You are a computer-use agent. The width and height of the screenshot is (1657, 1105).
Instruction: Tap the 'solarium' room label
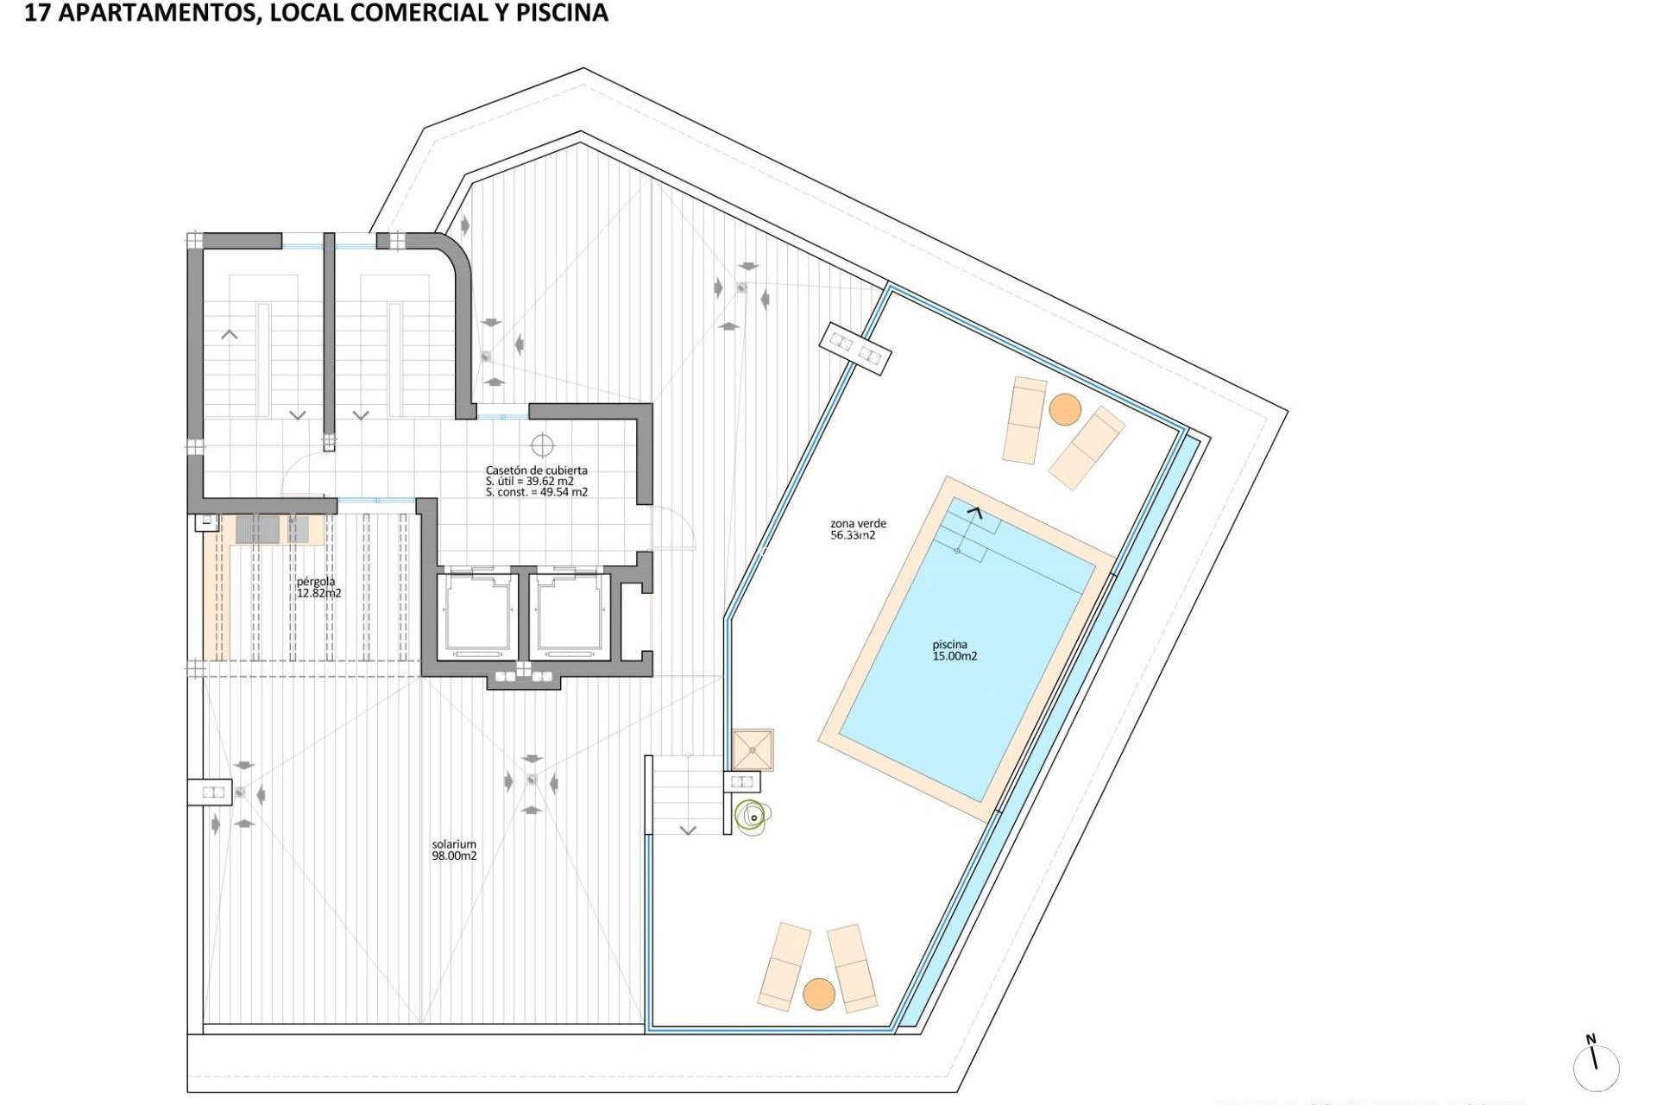tap(454, 844)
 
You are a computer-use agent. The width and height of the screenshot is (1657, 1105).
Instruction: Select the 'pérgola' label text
tap(316, 582)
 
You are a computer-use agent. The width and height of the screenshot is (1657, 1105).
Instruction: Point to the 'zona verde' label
tap(858, 523)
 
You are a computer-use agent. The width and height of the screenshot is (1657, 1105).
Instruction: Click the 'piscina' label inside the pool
tap(949, 645)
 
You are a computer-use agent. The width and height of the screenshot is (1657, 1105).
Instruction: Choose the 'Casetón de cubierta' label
tap(536, 470)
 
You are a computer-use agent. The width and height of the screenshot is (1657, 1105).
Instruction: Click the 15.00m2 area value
tap(955, 656)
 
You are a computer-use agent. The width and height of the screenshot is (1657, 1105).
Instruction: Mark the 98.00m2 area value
tap(454, 856)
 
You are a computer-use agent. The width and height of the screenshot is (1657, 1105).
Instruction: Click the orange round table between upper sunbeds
tap(1065, 409)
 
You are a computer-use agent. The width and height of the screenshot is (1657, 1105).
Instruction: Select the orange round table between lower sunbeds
tap(819, 994)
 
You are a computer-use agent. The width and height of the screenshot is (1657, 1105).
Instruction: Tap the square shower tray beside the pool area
tap(753, 749)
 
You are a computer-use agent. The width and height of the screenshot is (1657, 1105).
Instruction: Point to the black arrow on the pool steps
tap(974, 513)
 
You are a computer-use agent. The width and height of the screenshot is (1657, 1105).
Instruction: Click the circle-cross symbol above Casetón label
tap(542, 445)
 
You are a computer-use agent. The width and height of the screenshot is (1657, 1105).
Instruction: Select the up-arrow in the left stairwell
tap(230, 334)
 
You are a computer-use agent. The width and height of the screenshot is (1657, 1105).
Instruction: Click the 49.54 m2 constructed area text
tap(563, 493)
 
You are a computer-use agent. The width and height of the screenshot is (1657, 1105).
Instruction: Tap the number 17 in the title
tap(36, 14)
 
